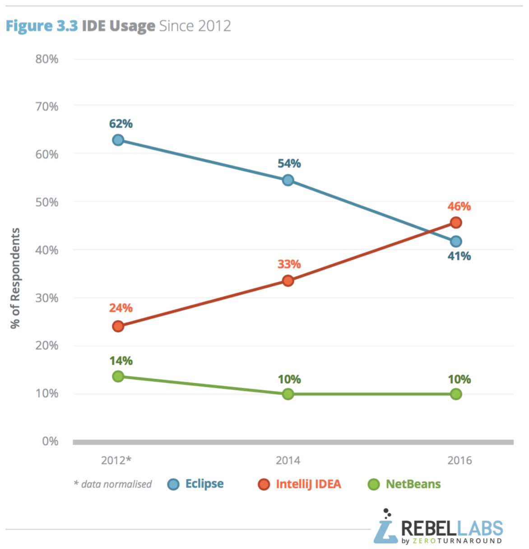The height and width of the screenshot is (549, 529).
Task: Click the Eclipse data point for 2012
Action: pos(118,140)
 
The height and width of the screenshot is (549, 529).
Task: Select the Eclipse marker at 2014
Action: pos(288,180)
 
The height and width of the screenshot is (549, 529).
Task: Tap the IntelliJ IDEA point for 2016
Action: pos(456,223)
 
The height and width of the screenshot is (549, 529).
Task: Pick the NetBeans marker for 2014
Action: pos(288,394)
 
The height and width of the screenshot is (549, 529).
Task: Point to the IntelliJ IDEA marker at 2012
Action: pos(118,326)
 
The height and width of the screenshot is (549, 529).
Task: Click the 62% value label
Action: pos(121,124)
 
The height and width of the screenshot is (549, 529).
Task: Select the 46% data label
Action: pos(459,206)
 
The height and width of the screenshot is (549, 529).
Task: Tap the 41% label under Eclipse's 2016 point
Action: pos(459,256)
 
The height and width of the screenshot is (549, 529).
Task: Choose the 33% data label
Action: pos(289,264)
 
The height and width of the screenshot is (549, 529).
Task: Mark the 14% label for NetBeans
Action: pos(121,361)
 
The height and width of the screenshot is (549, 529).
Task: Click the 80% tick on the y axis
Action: pos(47,59)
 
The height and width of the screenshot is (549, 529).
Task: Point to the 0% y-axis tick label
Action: pos(50,441)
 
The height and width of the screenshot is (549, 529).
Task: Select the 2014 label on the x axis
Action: pos(288,461)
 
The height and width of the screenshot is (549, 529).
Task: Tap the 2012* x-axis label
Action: pos(116,461)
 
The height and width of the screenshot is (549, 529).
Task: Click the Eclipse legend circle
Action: pos(173,484)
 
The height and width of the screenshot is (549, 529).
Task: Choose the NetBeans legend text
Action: pos(413,484)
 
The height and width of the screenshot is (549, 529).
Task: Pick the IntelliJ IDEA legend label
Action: pos(308,484)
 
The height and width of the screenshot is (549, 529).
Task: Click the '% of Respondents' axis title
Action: pos(15,278)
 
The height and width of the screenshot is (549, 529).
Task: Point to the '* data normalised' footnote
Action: pos(113,484)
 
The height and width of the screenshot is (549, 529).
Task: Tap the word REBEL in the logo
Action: pos(428,528)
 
